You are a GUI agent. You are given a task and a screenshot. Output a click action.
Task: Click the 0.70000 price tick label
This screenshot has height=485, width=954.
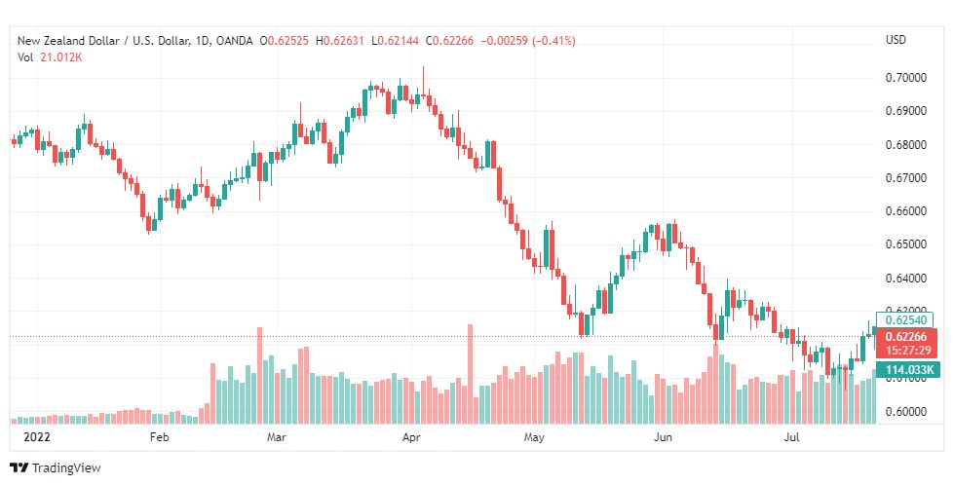pos(906,78)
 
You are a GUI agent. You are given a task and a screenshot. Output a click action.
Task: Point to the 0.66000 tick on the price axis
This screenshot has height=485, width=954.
pos(906,211)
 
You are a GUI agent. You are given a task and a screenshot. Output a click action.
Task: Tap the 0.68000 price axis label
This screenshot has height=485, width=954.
pos(906,145)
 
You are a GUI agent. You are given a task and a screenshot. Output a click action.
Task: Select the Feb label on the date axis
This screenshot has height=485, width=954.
pos(159,437)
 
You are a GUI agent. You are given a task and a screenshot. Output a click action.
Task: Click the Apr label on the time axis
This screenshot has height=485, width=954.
pos(411,437)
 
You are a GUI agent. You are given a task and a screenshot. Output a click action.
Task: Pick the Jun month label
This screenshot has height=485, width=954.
pos(662,437)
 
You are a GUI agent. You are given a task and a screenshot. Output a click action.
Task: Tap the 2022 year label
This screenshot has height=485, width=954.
pos(36,437)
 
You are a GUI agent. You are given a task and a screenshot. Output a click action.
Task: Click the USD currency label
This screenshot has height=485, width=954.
pos(896,40)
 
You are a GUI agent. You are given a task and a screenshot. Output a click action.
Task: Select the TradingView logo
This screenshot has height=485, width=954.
pos(56,467)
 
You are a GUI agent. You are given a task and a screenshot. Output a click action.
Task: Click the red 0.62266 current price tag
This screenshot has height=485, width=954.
pos(906,344)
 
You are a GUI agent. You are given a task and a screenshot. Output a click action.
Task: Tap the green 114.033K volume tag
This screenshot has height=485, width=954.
pos(906,369)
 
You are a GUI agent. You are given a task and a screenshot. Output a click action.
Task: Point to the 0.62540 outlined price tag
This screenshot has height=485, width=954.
pos(905,319)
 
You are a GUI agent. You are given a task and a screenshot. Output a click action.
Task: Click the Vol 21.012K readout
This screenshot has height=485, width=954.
pos(50,57)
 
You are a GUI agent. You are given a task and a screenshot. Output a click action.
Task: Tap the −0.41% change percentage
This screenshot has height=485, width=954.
pos(553,41)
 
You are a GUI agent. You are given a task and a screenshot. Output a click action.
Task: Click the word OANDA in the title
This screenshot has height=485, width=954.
pos(234,41)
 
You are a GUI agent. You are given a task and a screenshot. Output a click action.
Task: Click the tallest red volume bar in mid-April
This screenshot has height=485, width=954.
pos(470,374)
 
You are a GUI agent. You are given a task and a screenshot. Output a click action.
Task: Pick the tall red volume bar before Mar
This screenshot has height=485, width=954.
pos(260,376)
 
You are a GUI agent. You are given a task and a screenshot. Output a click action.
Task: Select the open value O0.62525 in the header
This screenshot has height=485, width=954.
pos(285,41)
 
